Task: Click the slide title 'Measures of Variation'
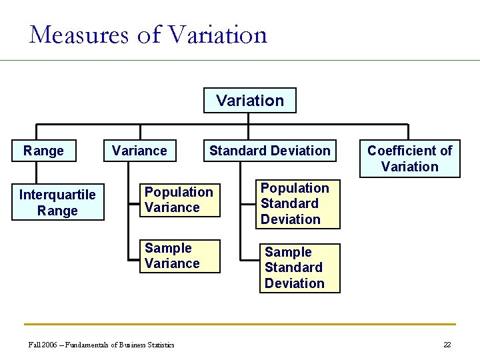pos(148,34)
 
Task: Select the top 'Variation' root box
pos(250,101)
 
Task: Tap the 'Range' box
pos(43,151)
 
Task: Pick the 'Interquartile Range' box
pos(57,203)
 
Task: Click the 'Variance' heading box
pos(139,151)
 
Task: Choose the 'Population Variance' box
pos(179,199)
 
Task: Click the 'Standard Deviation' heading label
pos(269,151)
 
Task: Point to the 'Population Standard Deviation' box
pos(297,204)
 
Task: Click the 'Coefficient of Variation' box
pos(409,159)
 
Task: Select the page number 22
pos(447,345)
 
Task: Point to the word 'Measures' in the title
pos(79,34)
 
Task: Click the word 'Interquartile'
pos(57,195)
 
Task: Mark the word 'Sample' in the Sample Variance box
pos(168,248)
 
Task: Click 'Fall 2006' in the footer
pos(42,345)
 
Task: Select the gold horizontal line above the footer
pos(240,325)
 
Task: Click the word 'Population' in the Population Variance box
pos(179,192)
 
